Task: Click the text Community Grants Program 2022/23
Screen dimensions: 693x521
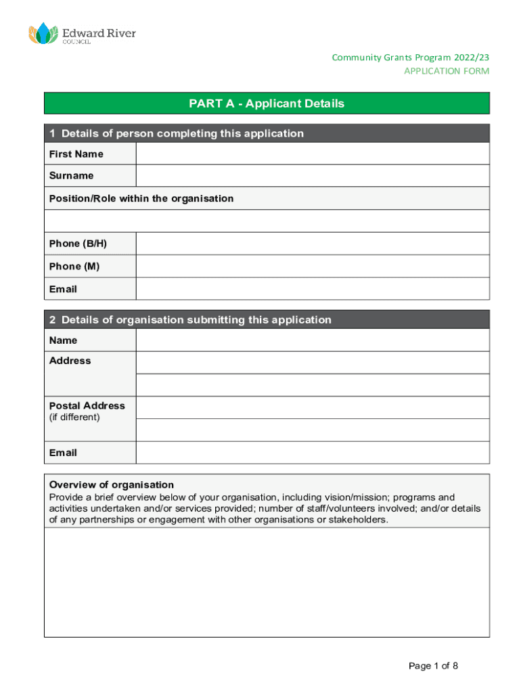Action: pos(410,58)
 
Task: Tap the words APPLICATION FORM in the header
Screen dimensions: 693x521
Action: pos(446,71)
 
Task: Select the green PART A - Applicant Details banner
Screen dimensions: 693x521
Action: pos(267,104)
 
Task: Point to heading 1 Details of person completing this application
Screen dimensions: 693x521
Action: pos(177,133)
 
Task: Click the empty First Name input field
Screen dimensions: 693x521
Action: pos(312,154)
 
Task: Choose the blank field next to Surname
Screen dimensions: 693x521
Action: pos(312,176)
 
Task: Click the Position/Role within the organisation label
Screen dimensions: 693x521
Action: pos(141,198)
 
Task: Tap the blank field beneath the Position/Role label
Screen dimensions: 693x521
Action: pos(267,221)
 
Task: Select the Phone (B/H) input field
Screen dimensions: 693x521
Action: pos(312,244)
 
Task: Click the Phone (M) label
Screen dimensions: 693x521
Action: pos(74,266)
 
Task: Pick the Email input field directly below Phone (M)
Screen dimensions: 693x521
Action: pos(312,289)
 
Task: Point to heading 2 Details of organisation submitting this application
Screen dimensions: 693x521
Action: pos(190,319)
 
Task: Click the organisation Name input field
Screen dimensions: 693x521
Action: pos(312,340)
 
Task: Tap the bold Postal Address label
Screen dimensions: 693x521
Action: pos(87,405)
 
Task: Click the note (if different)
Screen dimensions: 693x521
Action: pos(74,417)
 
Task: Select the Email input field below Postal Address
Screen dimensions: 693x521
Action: pos(312,452)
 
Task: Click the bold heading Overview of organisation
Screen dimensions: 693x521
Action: pos(112,485)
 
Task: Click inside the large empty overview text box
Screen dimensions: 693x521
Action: pos(267,582)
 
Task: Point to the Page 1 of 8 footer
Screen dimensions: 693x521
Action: pos(433,666)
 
